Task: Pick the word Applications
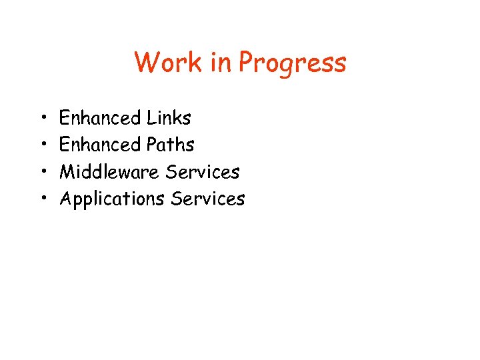pyautogui.click(x=113, y=199)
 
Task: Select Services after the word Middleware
pyautogui.click(x=203, y=171)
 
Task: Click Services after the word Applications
pyautogui.click(x=209, y=198)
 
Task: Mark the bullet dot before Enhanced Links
pyautogui.click(x=42, y=119)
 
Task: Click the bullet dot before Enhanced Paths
pyautogui.click(x=42, y=145)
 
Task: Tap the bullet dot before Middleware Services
pyautogui.click(x=42, y=172)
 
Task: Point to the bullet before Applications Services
pyautogui.click(x=42, y=199)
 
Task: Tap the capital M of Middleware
pyautogui.click(x=68, y=171)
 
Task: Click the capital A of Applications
pyautogui.click(x=67, y=198)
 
